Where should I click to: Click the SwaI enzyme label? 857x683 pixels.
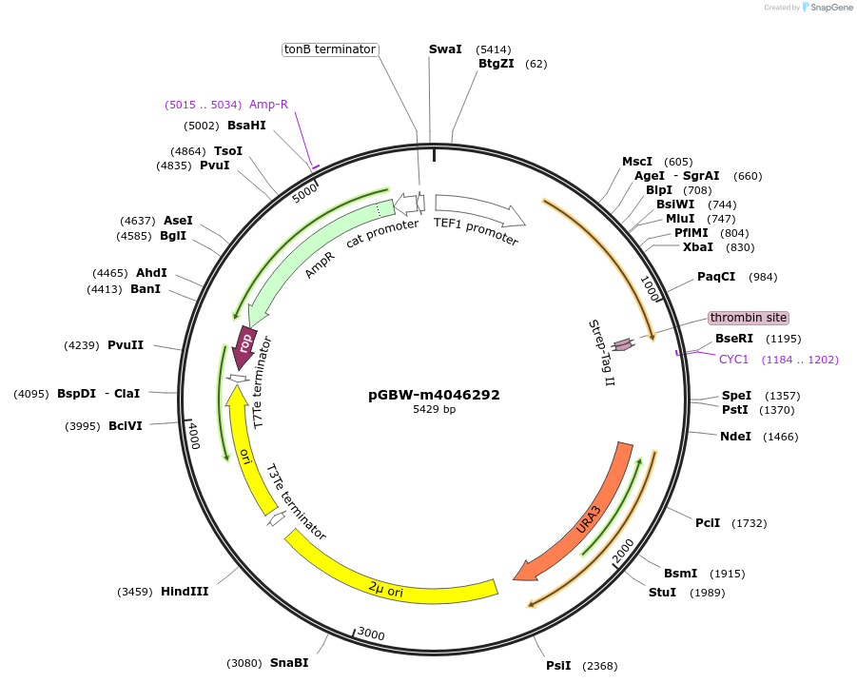(445, 49)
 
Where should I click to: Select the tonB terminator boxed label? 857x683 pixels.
(330, 49)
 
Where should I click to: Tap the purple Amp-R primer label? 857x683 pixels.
(268, 105)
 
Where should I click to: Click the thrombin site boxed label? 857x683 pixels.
(748, 318)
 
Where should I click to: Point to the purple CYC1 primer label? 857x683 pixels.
(734, 360)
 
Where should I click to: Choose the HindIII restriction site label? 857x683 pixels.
(185, 592)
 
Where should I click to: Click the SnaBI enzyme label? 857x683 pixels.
(289, 663)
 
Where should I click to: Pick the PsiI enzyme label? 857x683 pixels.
(558, 666)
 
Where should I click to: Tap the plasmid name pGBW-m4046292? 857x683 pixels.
(434, 395)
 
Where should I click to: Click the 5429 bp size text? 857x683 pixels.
(434, 410)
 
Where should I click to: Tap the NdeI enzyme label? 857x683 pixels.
(735, 437)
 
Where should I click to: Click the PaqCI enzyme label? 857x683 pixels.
(716, 277)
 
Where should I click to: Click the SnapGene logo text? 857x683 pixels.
(830, 8)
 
